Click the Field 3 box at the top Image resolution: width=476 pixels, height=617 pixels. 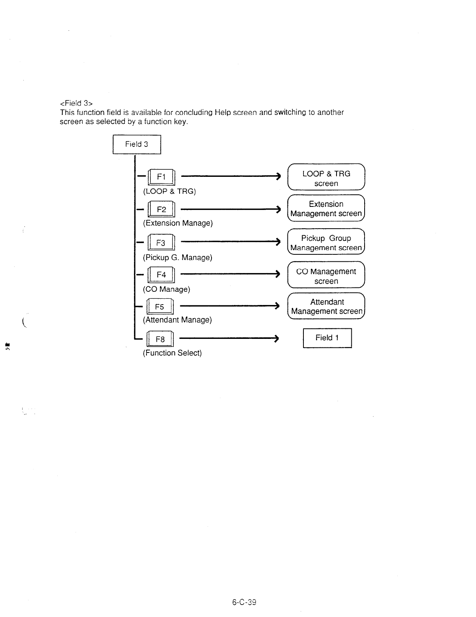137,145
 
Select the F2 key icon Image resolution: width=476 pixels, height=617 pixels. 161,210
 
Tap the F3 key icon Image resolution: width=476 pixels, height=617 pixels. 161,243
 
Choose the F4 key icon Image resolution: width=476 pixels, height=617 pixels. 161,275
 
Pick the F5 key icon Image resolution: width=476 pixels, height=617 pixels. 160,307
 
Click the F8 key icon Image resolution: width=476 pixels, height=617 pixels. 160,339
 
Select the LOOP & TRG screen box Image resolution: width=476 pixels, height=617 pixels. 326,178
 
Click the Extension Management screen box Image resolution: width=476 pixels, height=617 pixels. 326,209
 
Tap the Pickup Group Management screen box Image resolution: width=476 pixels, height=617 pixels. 326,243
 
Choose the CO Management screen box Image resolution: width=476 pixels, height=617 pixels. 326,276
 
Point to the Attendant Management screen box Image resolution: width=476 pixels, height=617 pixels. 326,307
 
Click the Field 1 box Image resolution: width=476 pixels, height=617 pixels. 327,338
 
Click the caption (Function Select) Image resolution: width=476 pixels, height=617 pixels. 172,353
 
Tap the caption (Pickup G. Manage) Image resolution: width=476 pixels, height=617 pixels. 178,257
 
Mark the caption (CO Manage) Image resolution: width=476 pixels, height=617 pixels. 167,289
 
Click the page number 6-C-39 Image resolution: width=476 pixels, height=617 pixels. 244,602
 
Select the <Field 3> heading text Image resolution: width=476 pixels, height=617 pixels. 76,103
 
